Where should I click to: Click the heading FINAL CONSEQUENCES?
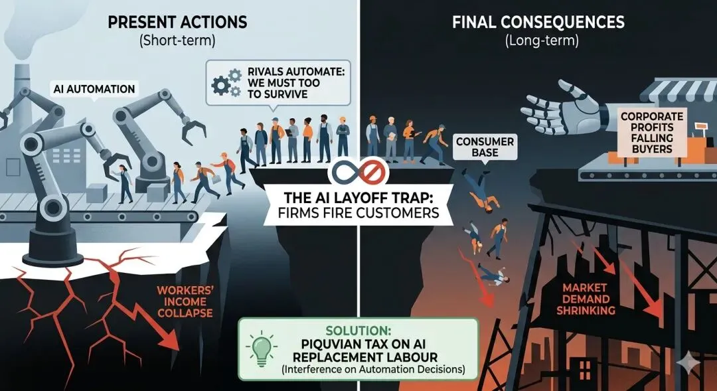tap(538, 22)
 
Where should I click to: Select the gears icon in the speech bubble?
tap(225, 82)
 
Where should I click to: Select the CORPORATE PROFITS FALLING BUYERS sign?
tap(647, 132)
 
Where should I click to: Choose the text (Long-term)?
tap(538, 40)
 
